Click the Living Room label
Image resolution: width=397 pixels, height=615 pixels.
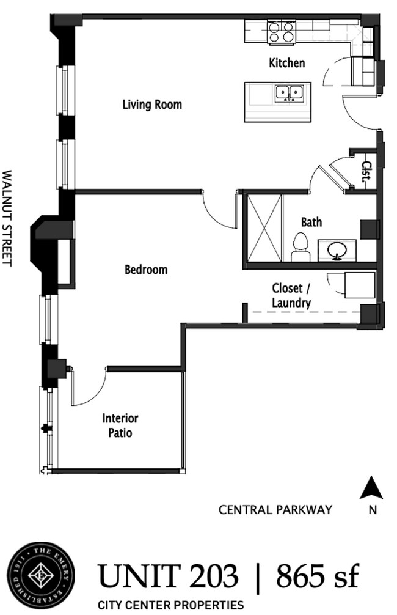pyautogui.click(x=152, y=105)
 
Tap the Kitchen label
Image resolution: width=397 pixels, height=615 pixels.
pyautogui.click(x=286, y=63)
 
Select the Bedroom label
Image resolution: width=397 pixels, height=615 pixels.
pyautogui.click(x=146, y=269)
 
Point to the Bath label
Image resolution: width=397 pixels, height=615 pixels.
pyautogui.click(x=311, y=223)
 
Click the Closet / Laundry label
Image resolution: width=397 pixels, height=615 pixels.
pyautogui.click(x=291, y=295)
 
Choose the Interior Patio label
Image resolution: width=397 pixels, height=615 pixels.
pyautogui.click(x=120, y=426)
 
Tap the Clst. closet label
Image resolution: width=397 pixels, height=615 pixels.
pyautogui.click(x=367, y=169)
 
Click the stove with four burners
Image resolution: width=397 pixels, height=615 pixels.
pyautogui.click(x=281, y=32)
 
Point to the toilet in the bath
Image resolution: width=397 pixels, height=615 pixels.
pyautogui.click(x=300, y=247)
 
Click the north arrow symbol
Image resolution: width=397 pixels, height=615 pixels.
pyautogui.click(x=371, y=489)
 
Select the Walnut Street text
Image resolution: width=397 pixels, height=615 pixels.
pyautogui.click(x=8, y=217)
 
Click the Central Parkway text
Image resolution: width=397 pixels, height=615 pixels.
pyautogui.click(x=275, y=509)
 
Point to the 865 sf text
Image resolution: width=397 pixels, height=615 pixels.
pyautogui.click(x=317, y=576)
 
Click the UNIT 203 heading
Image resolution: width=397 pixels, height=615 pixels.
pyautogui.click(x=168, y=576)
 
